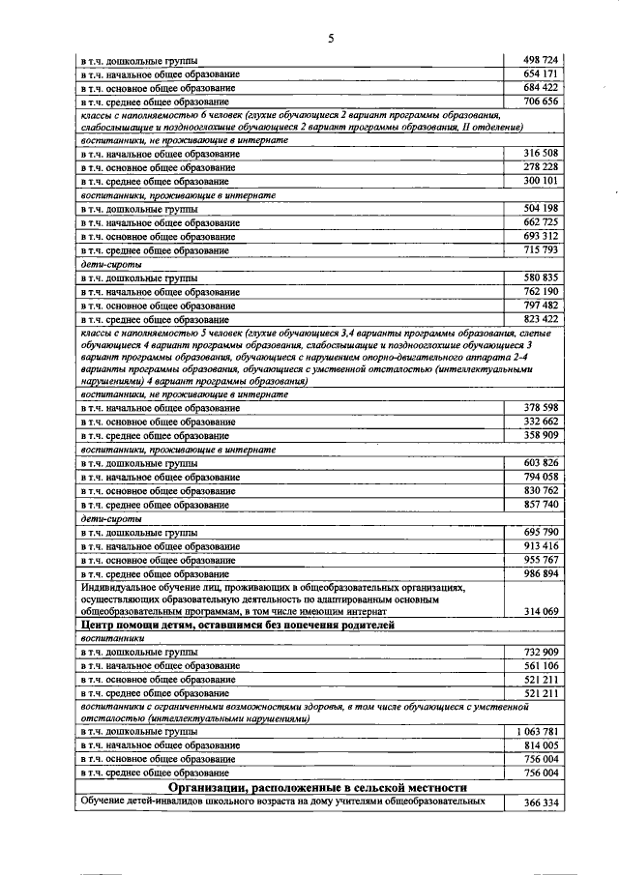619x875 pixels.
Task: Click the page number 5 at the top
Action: click(x=330, y=39)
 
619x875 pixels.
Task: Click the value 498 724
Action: click(x=540, y=60)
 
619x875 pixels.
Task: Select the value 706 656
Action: click(x=540, y=101)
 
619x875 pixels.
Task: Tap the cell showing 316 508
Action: click(x=540, y=154)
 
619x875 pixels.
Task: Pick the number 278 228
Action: click(x=540, y=167)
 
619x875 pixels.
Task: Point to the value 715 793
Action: click(x=540, y=249)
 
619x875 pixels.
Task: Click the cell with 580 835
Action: click(x=540, y=277)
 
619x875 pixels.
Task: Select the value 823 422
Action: click(x=540, y=318)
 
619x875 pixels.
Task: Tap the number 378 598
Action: click(x=540, y=408)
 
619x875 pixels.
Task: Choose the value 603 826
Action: click(x=540, y=463)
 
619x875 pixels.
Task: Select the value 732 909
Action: click(x=540, y=653)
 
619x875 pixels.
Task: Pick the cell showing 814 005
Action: click(x=540, y=744)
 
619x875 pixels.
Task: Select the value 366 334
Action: click(x=540, y=802)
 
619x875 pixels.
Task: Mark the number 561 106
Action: click(x=540, y=666)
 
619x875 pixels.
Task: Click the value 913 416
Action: click(x=540, y=545)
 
